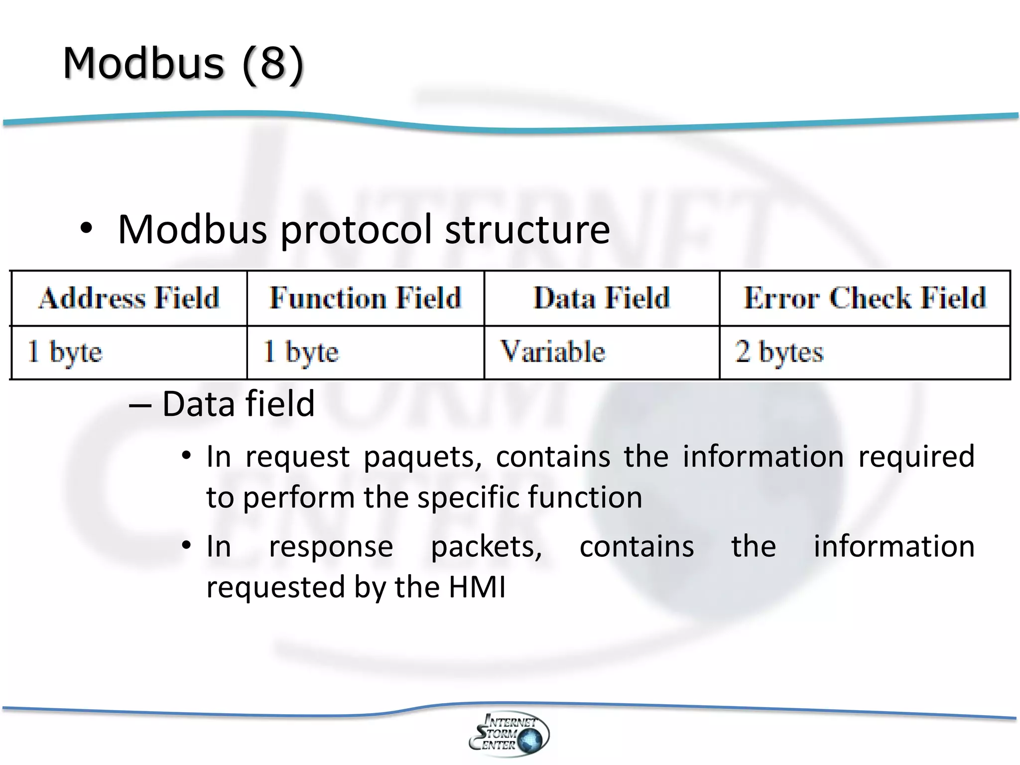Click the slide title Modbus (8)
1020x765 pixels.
[x=183, y=64]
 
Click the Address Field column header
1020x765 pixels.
[x=129, y=298]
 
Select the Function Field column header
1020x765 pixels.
[x=365, y=298]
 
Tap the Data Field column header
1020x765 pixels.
[x=602, y=298]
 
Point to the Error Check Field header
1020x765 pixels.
[x=865, y=298]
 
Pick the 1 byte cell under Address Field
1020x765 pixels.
[x=65, y=352]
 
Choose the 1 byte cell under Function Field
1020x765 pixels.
[x=301, y=352]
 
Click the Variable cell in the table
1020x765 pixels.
[x=552, y=352]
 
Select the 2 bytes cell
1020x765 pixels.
[x=779, y=352]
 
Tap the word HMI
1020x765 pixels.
[x=477, y=587]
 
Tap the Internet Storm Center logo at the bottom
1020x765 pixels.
[x=509, y=734]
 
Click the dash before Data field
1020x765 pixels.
[x=139, y=404]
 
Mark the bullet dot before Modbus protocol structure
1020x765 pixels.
[x=86, y=229]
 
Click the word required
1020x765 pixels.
[x=916, y=457]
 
